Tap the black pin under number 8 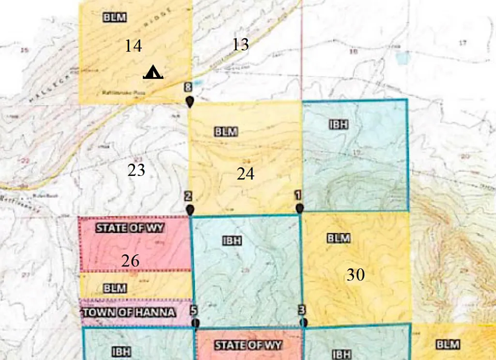pos(190,102)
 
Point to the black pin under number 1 pos(300,208)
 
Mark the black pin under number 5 pos(195,323)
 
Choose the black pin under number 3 pos(303,322)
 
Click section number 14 pos(133,46)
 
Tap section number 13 pos(240,45)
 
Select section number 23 pos(137,170)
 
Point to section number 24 pos(246,173)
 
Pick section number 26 pos(130,261)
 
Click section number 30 pos(355,275)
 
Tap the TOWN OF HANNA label pos(129,312)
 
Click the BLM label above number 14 pos(115,17)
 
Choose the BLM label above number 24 pos(225,131)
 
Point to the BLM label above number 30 pos(339,238)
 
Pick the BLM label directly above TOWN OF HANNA pos(115,288)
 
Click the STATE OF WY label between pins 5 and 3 pos(248,345)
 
